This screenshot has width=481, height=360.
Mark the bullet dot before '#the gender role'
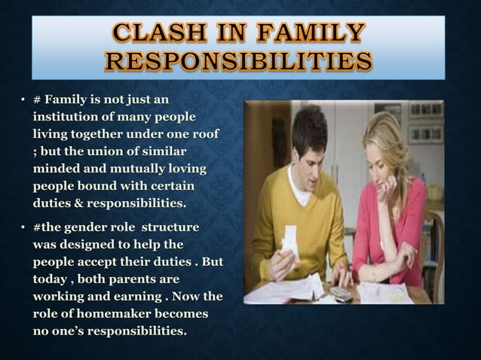click(24, 227)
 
